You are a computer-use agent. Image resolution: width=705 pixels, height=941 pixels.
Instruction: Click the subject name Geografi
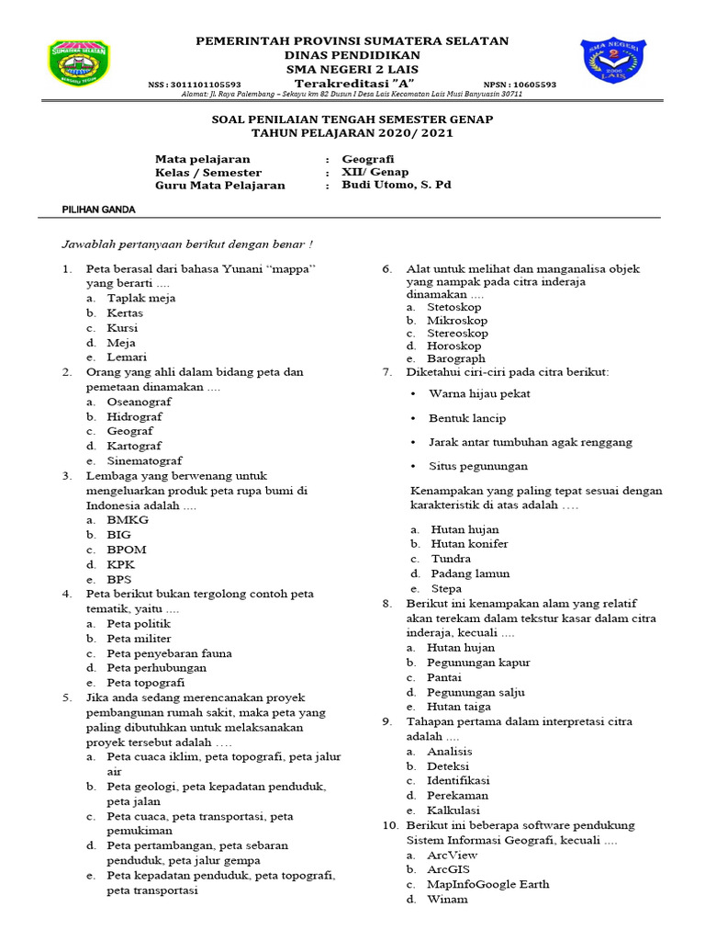[368, 158]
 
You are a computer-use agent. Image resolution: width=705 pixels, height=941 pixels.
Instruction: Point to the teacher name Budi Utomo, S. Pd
[397, 185]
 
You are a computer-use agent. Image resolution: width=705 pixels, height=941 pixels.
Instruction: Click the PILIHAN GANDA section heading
[98, 210]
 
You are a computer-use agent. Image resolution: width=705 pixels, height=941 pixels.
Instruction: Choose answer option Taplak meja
[140, 298]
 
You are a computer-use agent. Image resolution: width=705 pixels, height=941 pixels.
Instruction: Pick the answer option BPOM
[127, 550]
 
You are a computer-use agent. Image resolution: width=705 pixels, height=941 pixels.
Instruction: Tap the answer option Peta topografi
[145, 683]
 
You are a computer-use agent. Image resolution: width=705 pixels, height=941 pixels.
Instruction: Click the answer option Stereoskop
[457, 333]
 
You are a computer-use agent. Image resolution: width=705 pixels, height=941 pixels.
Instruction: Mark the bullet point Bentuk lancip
[466, 418]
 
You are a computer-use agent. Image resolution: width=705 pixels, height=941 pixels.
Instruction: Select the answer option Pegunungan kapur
[478, 663]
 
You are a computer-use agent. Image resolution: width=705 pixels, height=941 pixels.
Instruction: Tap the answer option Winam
[447, 899]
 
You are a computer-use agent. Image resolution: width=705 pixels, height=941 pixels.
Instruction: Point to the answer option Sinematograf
[144, 460]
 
